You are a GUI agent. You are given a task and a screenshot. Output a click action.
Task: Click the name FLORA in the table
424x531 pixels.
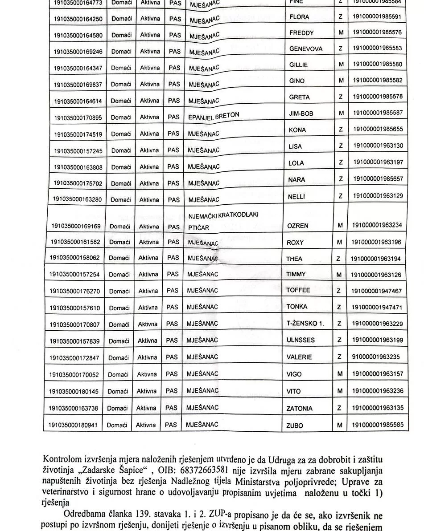click(299, 17)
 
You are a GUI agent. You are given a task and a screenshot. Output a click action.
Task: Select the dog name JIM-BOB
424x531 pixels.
click(301, 113)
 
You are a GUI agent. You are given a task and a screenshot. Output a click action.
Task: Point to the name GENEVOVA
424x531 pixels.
click(306, 49)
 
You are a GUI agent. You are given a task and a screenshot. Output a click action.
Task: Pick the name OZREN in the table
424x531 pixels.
click(297, 226)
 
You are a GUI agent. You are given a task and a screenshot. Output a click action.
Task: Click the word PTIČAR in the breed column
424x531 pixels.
click(198, 227)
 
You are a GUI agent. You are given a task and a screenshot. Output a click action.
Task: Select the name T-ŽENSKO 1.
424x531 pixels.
click(305, 324)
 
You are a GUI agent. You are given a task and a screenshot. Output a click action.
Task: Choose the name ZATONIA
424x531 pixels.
click(299, 408)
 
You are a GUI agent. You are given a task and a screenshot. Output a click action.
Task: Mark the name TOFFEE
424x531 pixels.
click(297, 291)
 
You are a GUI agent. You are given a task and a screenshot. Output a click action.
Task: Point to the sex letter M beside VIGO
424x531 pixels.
click(340, 374)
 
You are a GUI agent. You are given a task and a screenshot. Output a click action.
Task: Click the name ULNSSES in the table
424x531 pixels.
click(300, 340)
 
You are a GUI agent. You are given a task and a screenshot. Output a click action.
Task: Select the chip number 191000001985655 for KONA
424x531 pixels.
click(377, 130)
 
